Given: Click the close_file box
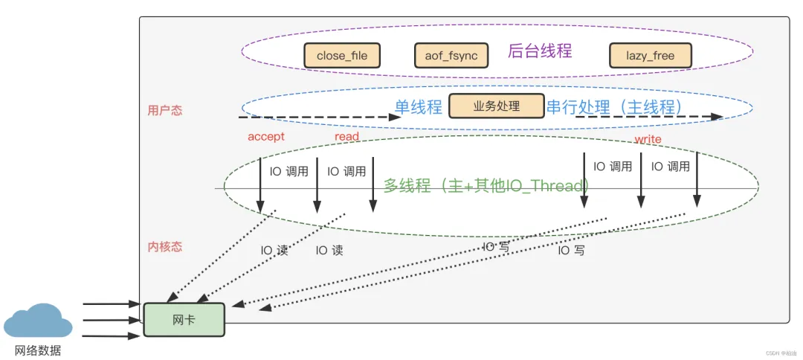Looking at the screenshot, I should tap(342, 56).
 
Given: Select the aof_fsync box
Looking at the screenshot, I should tap(451, 56).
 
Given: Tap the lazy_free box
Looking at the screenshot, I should tap(650, 56).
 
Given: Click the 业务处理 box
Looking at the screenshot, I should tap(496, 106).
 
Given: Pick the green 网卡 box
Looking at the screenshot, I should tap(184, 318).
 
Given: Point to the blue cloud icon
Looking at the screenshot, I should tap(38, 321).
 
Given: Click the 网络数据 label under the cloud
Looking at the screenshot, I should tap(38, 350).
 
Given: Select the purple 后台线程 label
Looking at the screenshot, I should tap(540, 51).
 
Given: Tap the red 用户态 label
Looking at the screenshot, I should tap(165, 111).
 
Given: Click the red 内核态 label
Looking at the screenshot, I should tap(165, 246).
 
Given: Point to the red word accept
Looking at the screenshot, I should tap(266, 137).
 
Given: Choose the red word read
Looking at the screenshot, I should tap(346, 137).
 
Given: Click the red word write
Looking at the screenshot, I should tap(648, 140).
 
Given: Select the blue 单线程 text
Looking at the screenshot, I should tap(418, 107).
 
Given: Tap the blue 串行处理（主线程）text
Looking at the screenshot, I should tap(615, 107).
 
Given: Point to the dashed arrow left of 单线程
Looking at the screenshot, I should tap(312, 117).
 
